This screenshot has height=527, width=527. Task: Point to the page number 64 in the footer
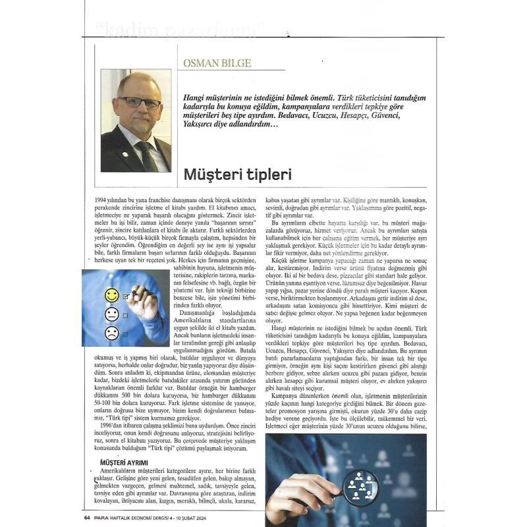pos(87,517)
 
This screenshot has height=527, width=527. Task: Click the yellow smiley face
pos(112,295)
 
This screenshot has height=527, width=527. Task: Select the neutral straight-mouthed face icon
pos(112,314)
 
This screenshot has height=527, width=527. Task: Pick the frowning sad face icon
pos(112,333)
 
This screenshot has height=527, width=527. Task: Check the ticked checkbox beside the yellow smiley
pos(125,297)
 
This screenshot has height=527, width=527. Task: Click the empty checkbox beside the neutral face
pos(125,316)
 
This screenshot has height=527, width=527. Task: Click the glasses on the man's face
pos(139,102)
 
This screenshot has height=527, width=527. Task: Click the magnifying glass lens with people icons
pos(361,487)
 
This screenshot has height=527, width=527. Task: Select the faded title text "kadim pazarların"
pos(182,30)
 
